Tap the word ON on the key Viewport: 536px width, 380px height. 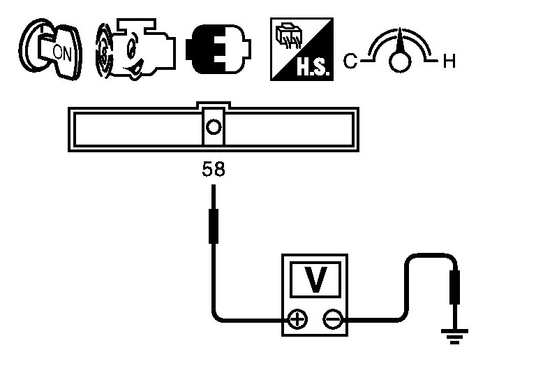pyautogui.click(x=61, y=52)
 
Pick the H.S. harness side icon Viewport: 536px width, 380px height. pyautogui.click(x=301, y=48)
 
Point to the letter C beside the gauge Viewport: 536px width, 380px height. pyautogui.click(x=350, y=61)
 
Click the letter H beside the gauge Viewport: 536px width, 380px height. pyautogui.click(x=449, y=61)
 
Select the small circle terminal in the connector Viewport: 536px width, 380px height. pyautogui.click(x=214, y=127)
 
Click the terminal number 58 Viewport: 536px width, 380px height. pyautogui.click(x=214, y=169)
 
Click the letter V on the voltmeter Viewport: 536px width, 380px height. pyautogui.click(x=315, y=280)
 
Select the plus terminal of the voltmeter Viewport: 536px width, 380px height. pyautogui.click(x=298, y=321)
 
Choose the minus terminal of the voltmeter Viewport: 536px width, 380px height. pyautogui.click(x=332, y=321)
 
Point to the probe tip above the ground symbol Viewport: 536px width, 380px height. pyautogui.click(x=456, y=286)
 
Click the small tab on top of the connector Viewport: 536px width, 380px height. pyautogui.click(x=214, y=105)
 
